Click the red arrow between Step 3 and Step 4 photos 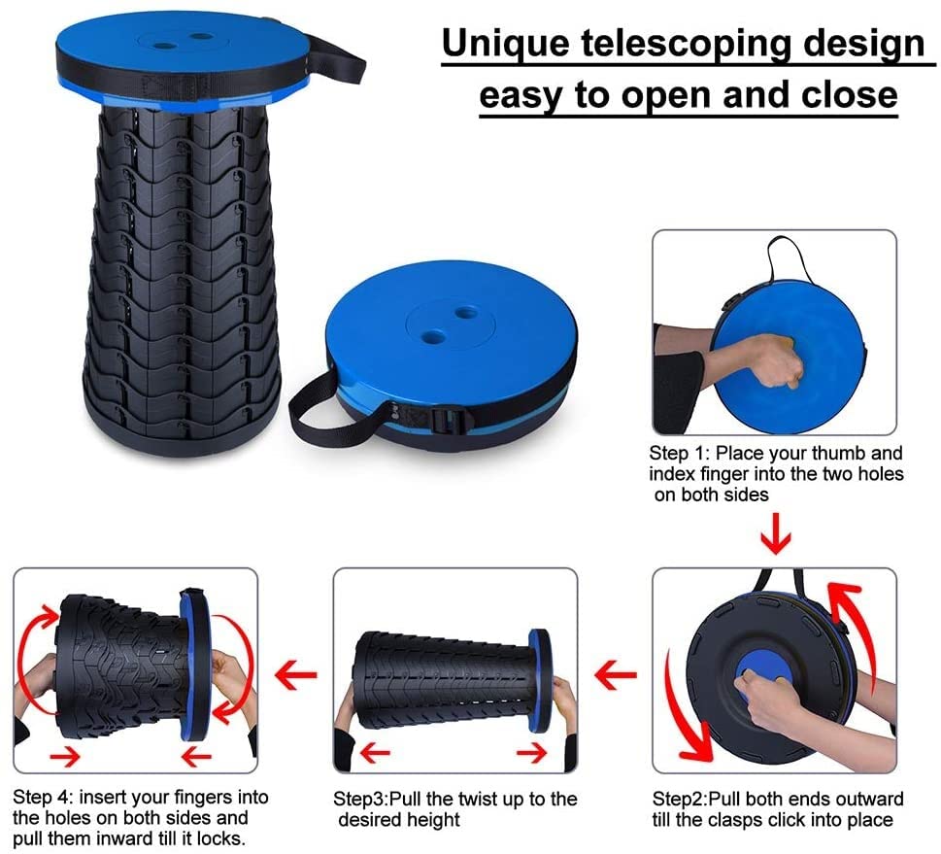(295, 672)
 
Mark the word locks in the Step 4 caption (220, 838)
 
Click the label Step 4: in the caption (42, 798)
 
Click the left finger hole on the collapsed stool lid (434, 335)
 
